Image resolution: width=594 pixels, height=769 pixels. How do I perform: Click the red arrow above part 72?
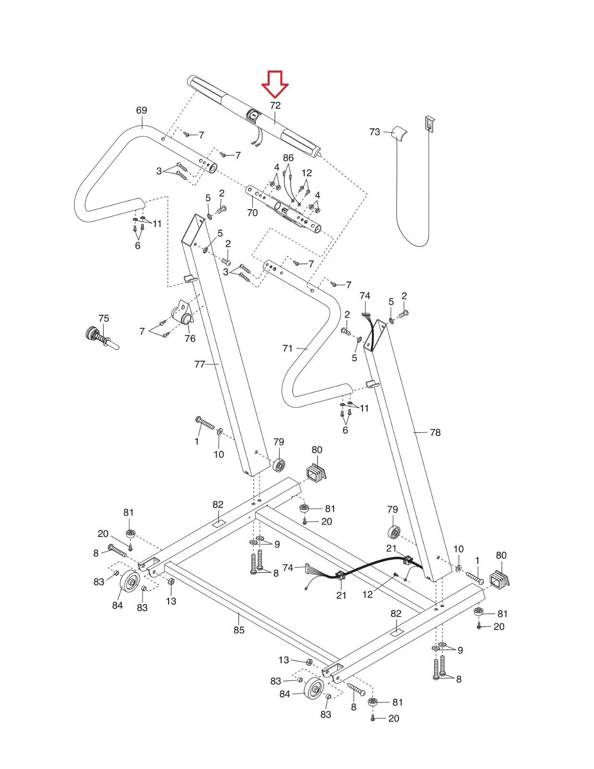point(275,84)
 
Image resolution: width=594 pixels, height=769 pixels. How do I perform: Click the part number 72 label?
point(275,105)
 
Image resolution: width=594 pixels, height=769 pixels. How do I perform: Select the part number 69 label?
point(141,110)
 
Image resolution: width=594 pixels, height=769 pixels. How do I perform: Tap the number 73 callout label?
point(374,132)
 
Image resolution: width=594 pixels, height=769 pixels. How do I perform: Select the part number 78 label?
point(435,433)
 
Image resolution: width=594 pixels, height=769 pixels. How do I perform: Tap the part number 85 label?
point(239,630)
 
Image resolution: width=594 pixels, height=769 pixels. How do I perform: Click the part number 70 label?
point(252,212)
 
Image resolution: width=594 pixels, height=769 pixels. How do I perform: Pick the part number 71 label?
point(287,348)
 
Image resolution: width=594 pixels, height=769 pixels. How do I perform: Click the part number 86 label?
point(288,158)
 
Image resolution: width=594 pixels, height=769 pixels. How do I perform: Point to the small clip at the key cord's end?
point(429,124)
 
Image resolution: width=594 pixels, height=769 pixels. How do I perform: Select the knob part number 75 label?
point(104,318)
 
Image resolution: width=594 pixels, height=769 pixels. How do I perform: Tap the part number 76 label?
point(190,338)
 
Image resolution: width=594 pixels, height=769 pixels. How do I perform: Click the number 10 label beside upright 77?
point(219,454)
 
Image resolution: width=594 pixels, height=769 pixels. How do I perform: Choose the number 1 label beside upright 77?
point(197,441)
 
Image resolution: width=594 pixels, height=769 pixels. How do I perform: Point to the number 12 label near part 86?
point(307,173)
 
